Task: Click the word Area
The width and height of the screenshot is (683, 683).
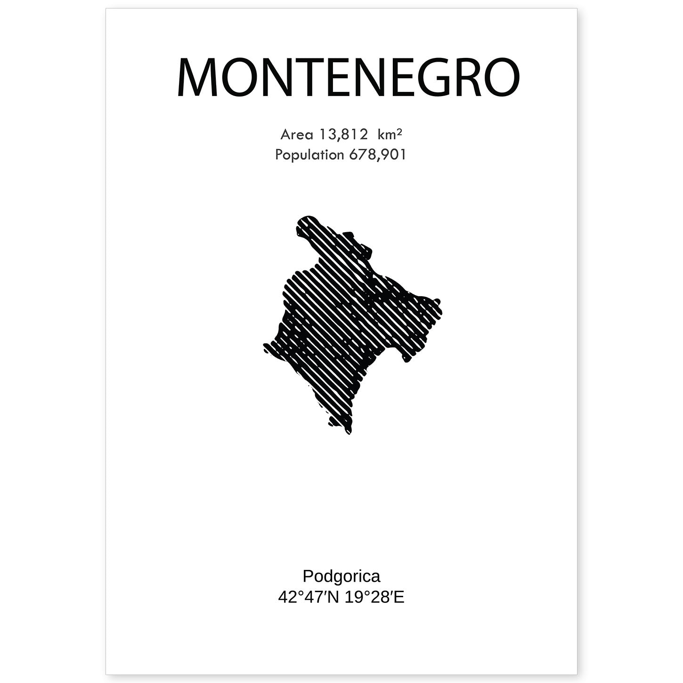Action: coord(297,135)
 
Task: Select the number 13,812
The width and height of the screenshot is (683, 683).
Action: coord(343,135)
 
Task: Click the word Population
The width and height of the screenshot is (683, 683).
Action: coord(309,154)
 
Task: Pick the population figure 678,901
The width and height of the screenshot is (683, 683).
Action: coord(377,154)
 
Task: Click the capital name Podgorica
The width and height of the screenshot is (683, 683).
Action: coord(341,576)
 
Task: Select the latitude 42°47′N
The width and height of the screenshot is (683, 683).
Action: coord(309,597)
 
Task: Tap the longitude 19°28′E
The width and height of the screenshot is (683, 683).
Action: coord(374,597)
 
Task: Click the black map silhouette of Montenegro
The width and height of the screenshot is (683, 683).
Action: coord(344,325)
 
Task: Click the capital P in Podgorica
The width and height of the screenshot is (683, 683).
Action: coord(308,576)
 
